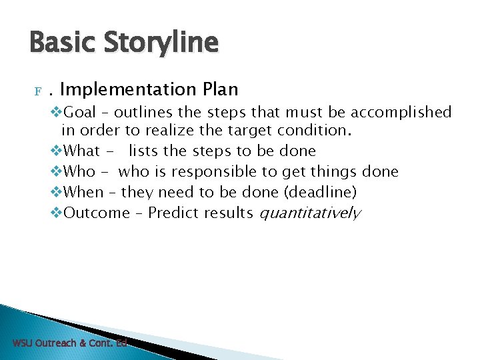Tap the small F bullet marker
[38, 90]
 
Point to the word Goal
[81, 112]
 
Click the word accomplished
[402, 112]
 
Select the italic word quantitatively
[309, 213]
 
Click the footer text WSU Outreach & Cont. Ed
[69, 343]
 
